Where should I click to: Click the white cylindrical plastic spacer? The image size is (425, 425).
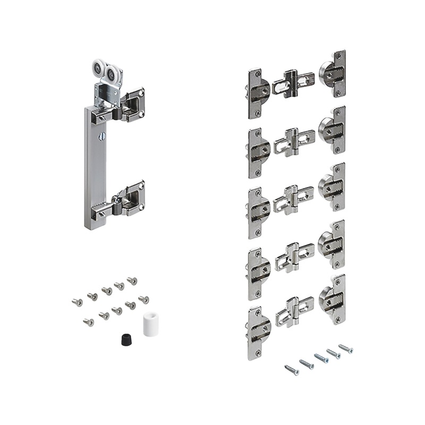coord(152,323)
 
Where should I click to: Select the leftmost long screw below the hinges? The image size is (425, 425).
coord(292,370)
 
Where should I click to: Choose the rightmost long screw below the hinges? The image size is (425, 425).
coord(346,348)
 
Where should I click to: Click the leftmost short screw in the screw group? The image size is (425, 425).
coord(77,302)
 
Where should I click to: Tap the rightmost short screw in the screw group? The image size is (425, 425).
coord(143,300)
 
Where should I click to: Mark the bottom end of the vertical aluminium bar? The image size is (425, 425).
coord(94,223)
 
